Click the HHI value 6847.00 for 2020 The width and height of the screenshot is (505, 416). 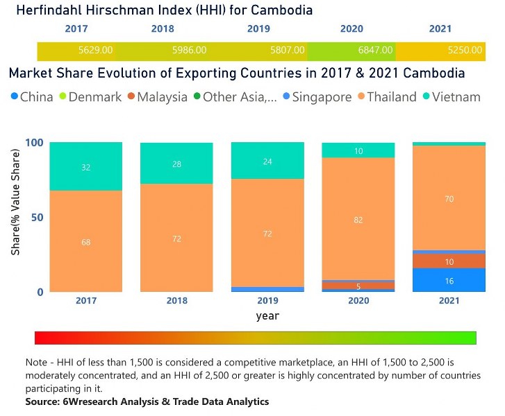point(376,51)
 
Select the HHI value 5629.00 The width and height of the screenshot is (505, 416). point(96,51)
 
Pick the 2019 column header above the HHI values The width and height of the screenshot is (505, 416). point(259,29)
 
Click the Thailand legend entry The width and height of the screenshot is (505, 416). point(391,97)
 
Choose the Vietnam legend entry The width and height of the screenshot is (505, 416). point(456,97)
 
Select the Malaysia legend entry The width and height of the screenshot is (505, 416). point(162,97)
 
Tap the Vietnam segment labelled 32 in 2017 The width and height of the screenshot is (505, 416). point(86,166)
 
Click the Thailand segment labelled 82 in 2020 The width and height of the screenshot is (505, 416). point(358,219)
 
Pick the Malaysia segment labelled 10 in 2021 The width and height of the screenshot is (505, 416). point(449,261)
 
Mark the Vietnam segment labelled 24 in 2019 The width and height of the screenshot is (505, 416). point(267,161)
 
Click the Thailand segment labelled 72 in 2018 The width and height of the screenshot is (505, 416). point(176,238)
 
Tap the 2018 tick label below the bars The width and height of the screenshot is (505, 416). point(176,302)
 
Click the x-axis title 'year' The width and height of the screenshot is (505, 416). point(267,315)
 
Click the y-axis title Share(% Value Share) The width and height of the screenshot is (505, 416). point(15,217)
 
